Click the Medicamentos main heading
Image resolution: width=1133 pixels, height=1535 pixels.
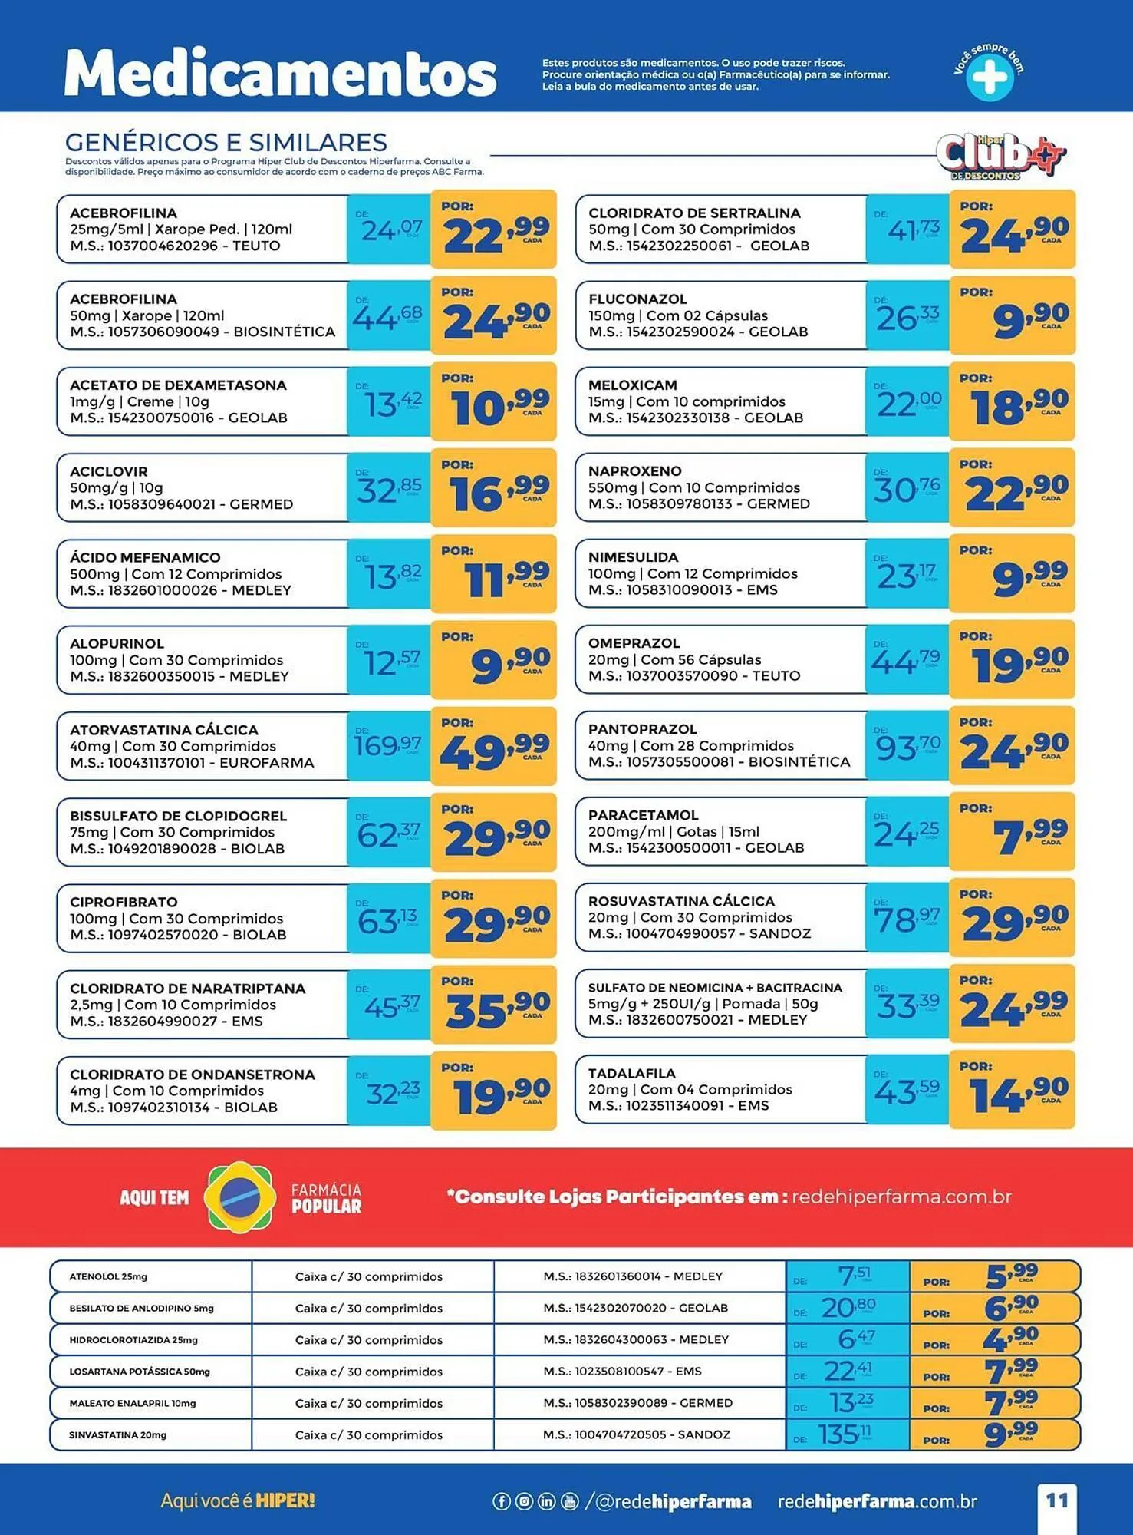click(x=280, y=74)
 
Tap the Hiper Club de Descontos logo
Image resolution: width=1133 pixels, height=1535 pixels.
click(x=1000, y=157)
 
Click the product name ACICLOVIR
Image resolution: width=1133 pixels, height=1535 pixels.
click(x=108, y=471)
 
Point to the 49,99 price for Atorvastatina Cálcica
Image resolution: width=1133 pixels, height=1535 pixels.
click(x=495, y=751)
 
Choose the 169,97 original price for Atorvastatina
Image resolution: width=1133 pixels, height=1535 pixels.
click(x=387, y=745)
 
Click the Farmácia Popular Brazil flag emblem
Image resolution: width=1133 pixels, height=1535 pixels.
click(x=240, y=1197)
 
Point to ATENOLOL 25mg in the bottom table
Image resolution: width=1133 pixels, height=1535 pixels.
click(x=108, y=1276)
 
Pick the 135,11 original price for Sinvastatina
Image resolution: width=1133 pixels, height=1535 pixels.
click(x=844, y=1434)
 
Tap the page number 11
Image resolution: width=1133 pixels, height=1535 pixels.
click(x=1057, y=1500)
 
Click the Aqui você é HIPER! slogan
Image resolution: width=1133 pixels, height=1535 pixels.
click(x=238, y=1500)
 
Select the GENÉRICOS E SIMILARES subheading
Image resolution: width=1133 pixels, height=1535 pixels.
click(x=226, y=142)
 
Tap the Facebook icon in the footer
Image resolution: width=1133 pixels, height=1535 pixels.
click(x=501, y=1501)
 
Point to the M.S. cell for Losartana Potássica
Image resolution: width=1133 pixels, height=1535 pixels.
click(x=622, y=1371)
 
